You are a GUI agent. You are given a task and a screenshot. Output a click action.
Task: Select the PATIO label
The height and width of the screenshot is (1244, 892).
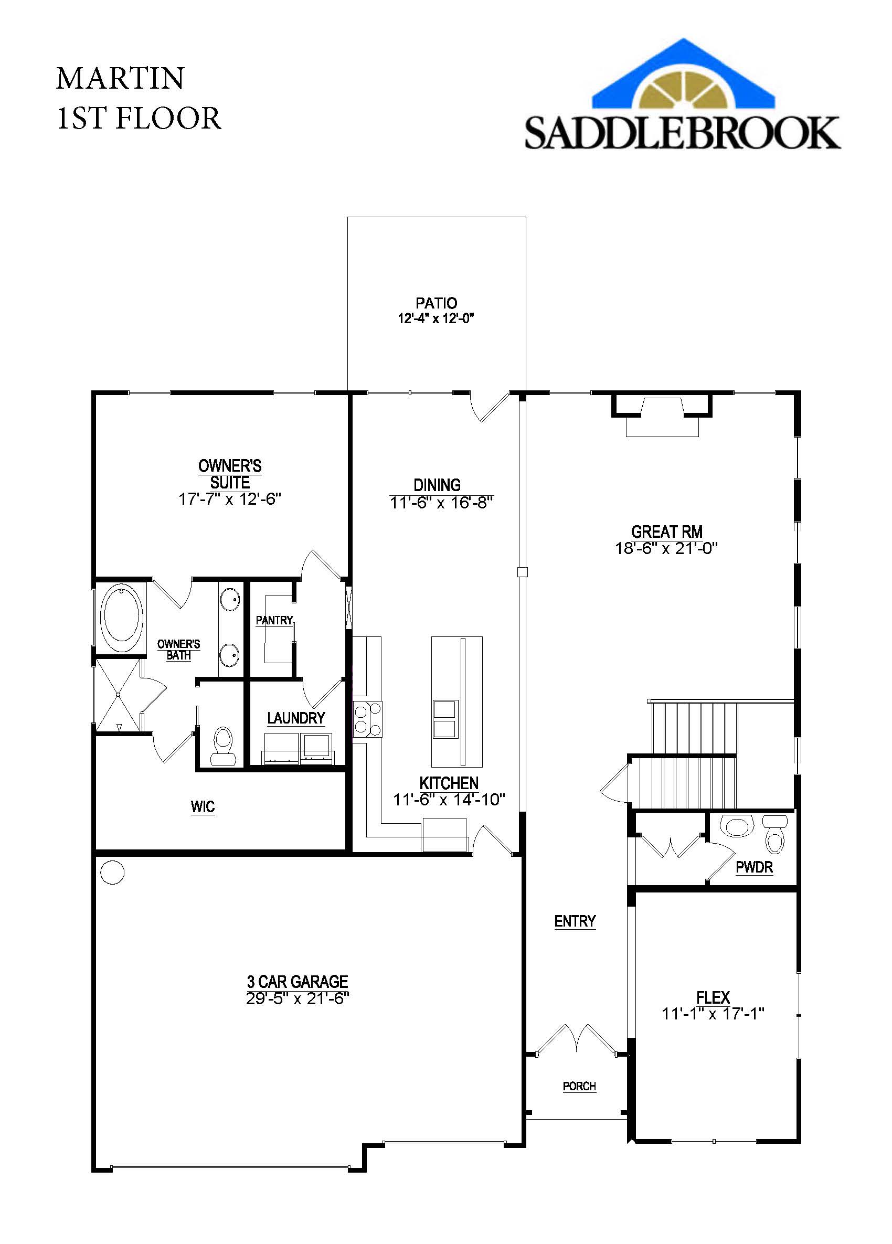pyautogui.click(x=436, y=303)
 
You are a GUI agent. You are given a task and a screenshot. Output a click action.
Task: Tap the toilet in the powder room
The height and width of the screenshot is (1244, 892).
pyautogui.click(x=775, y=834)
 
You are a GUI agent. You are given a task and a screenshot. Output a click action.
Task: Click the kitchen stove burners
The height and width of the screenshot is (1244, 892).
pyautogui.click(x=367, y=718)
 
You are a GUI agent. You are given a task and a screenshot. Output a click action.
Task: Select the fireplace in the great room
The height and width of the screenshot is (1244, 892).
pyautogui.click(x=662, y=414)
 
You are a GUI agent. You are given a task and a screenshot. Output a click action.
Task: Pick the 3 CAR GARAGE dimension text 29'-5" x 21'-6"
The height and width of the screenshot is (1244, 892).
pyautogui.click(x=298, y=999)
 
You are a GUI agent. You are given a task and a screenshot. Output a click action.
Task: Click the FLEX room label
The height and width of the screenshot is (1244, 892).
pyautogui.click(x=713, y=997)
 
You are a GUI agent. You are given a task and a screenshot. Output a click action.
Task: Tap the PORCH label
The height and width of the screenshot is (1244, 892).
pyautogui.click(x=579, y=1086)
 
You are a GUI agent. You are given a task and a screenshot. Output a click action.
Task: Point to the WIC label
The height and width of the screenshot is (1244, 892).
pyautogui.click(x=203, y=806)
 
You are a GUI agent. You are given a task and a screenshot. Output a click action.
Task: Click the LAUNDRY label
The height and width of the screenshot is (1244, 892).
pyautogui.click(x=296, y=717)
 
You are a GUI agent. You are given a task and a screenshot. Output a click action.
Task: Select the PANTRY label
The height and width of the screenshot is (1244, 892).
pyautogui.click(x=274, y=620)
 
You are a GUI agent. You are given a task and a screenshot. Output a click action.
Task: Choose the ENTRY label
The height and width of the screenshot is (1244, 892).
pyautogui.click(x=575, y=921)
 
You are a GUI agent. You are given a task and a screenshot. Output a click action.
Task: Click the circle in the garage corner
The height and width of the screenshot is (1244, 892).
pyautogui.click(x=113, y=872)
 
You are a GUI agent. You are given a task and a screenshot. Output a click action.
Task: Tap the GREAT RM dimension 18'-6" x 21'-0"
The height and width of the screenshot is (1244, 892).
pyautogui.click(x=666, y=548)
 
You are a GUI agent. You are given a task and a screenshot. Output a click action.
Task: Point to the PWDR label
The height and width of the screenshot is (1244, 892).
pyautogui.click(x=755, y=867)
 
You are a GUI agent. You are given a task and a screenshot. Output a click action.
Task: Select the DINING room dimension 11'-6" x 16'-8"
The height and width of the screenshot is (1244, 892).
pyautogui.click(x=442, y=503)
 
